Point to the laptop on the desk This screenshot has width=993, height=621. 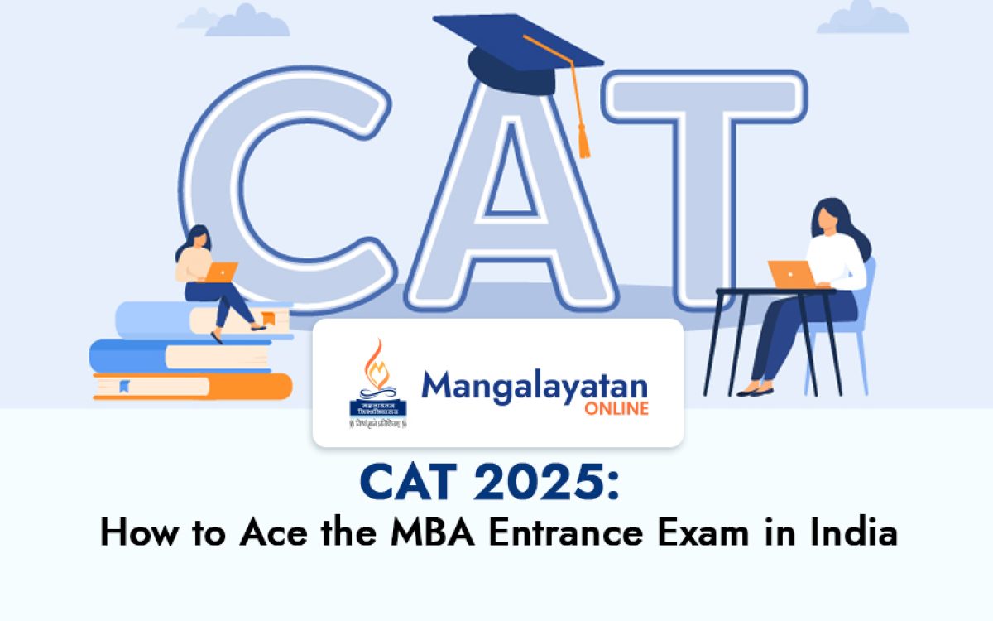[789, 274]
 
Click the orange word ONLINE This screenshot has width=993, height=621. [617, 409]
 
